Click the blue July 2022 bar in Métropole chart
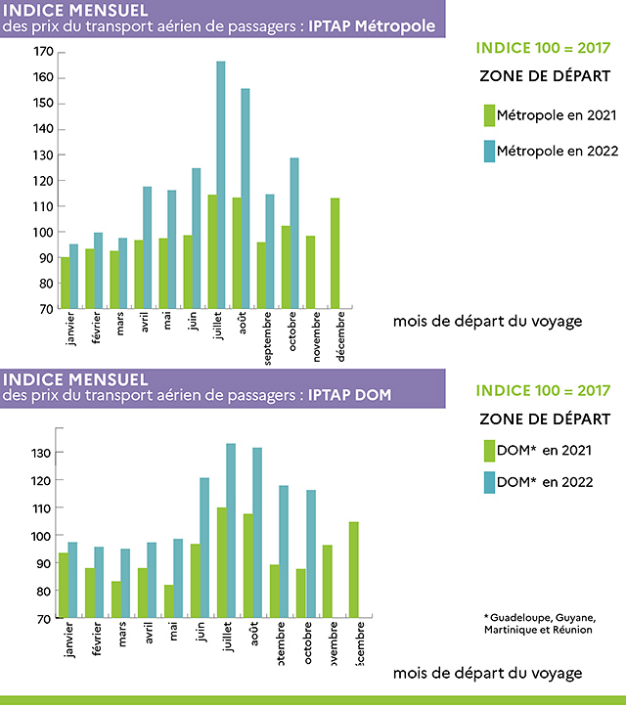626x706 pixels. click(221, 186)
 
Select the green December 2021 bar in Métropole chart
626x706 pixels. click(335, 253)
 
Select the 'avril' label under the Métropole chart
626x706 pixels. click(146, 326)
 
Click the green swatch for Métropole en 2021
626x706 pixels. click(489, 115)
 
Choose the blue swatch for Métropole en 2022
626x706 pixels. click(489, 151)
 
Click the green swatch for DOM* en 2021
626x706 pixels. click(489, 451)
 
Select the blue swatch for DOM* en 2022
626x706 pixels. click(489, 482)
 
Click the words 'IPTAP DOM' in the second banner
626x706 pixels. click(348, 395)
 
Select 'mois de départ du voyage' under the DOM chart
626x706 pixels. click(487, 674)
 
